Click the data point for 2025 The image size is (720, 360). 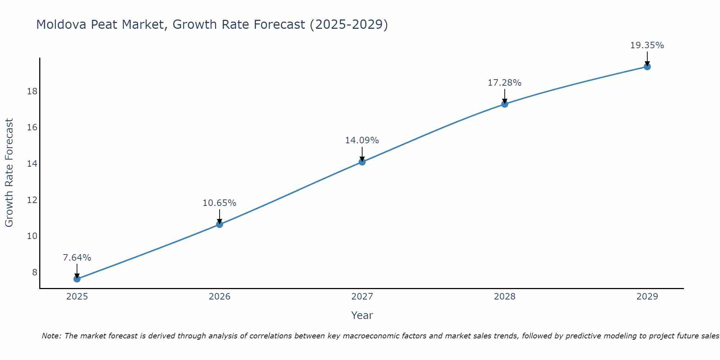[77, 279]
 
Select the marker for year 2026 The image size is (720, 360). [220, 225]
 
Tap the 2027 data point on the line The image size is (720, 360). [362, 162]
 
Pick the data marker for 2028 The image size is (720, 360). [505, 104]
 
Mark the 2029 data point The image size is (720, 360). [647, 67]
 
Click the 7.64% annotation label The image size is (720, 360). [77, 258]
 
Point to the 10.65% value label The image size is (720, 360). [219, 203]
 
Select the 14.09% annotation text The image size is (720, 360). [362, 140]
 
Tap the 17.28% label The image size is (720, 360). [504, 83]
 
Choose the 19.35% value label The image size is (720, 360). [647, 45]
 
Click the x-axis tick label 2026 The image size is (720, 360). [220, 297]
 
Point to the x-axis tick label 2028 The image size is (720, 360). [505, 297]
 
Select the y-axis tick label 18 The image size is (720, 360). [32, 91]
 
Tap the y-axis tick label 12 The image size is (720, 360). [32, 200]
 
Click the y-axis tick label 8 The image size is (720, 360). [35, 272]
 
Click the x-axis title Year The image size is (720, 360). [362, 315]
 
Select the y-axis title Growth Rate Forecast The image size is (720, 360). [9, 172]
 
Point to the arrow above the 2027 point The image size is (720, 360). [362, 154]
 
